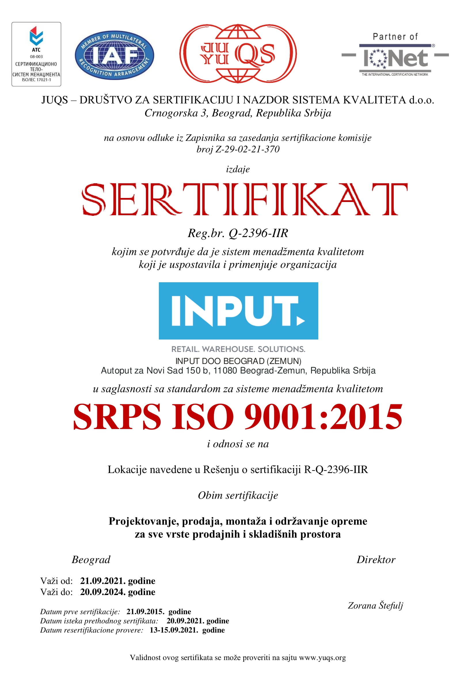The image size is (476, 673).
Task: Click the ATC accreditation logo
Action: point(36,54)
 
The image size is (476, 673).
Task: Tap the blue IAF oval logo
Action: point(114,55)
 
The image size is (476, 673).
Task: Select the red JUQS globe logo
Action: point(238,54)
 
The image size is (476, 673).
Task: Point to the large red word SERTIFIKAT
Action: point(245,199)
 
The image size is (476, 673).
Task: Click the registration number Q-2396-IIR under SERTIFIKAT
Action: point(258,233)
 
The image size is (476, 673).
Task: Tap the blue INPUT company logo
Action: point(238,311)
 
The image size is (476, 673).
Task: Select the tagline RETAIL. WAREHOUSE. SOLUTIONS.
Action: point(238,349)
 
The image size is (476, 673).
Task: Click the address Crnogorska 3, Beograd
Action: point(238,113)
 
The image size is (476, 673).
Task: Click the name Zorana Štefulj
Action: point(375,605)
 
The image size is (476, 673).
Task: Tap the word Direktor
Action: point(376,560)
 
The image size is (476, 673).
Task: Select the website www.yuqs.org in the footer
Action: point(322,657)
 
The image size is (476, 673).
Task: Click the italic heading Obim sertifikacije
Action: point(238,495)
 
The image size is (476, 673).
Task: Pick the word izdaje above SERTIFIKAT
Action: point(238,169)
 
